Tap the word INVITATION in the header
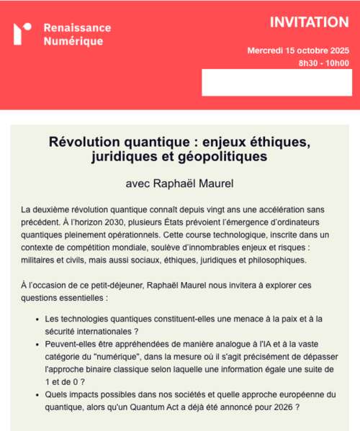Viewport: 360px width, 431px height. coord(309,22)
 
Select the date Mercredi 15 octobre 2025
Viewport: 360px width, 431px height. coord(297,50)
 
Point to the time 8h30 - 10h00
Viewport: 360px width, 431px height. coord(323,63)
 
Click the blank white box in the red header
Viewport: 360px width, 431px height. coord(276,82)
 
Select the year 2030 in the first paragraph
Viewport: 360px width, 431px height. coord(125,222)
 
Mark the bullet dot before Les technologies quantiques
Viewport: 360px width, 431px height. coord(37,320)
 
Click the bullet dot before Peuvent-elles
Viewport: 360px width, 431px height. coord(37,345)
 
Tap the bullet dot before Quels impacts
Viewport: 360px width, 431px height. coord(37,396)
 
